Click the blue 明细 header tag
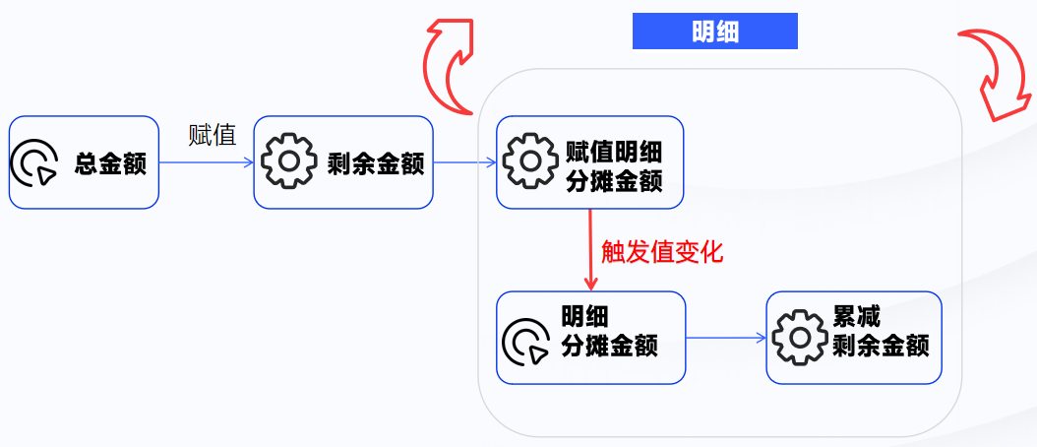(714, 32)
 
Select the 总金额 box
(84, 162)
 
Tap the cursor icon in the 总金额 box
(34, 163)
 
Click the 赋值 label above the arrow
(212, 136)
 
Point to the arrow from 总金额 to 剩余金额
(206, 163)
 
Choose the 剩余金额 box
(343, 162)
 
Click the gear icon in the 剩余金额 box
(286, 163)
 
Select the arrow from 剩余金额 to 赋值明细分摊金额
(464, 163)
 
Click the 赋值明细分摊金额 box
(589, 162)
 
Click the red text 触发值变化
(662, 252)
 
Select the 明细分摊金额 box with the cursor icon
(590, 338)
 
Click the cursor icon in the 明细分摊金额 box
(527, 340)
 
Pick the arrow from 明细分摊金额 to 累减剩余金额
(725, 338)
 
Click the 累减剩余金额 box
(854, 338)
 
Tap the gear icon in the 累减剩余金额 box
(799, 338)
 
